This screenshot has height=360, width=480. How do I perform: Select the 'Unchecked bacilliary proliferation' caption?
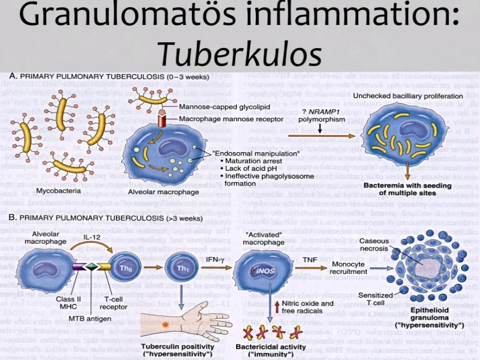tap(407, 96)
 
